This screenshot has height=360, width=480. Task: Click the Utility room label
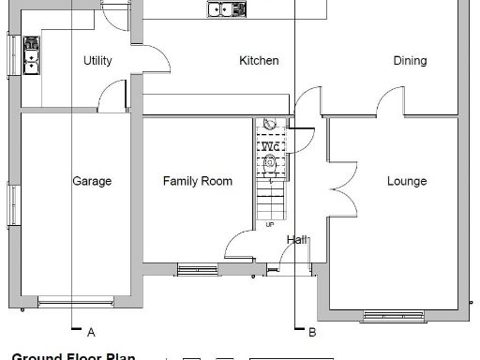click(x=97, y=61)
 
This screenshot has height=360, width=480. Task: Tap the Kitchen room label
click(x=259, y=61)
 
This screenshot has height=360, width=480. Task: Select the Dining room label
click(x=410, y=61)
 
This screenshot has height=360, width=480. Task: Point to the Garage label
click(x=92, y=181)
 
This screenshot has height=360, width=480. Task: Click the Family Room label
click(x=197, y=181)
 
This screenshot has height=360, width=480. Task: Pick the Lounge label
click(x=407, y=181)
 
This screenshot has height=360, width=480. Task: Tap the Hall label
click(x=297, y=240)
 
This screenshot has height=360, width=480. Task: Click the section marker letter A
click(x=91, y=332)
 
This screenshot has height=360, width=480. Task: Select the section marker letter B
click(x=311, y=332)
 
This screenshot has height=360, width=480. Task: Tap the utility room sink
click(x=31, y=54)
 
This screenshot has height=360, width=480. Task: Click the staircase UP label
click(x=271, y=225)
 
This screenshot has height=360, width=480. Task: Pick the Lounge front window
click(x=393, y=314)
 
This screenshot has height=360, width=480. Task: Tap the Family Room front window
click(x=197, y=270)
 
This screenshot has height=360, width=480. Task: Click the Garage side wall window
click(x=13, y=204)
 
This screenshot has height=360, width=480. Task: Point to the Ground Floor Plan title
click(x=72, y=356)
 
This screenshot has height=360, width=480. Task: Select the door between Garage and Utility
click(x=113, y=95)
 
